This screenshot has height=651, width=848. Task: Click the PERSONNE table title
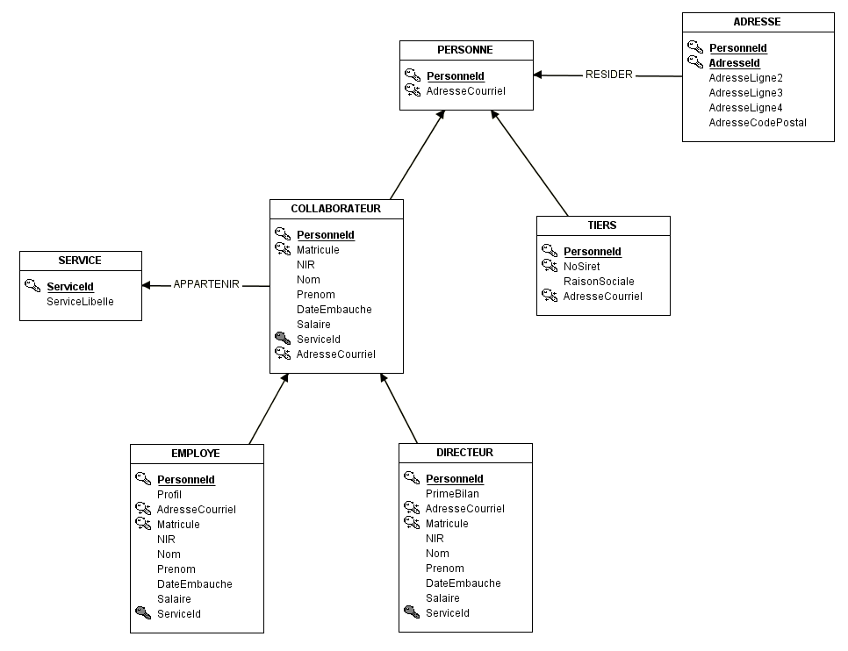click(465, 50)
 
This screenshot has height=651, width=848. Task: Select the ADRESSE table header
click(757, 22)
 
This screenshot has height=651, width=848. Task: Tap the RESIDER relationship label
click(609, 75)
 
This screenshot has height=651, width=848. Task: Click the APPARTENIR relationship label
click(206, 284)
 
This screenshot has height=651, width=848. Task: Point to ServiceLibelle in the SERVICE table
click(80, 302)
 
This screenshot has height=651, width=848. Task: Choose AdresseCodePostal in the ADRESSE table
click(758, 123)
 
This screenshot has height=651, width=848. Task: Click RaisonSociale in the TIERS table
click(599, 281)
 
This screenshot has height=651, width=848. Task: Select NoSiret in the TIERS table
click(581, 267)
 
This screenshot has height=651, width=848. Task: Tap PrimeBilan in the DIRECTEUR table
click(452, 494)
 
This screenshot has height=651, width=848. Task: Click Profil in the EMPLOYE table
click(169, 495)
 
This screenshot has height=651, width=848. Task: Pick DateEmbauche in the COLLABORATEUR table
click(334, 310)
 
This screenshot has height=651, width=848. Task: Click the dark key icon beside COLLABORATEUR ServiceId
click(283, 339)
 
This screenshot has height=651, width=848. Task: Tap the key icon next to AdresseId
click(695, 61)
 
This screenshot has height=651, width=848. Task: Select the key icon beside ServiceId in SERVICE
click(32, 285)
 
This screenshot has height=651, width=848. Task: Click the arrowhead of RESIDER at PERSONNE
click(537, 75)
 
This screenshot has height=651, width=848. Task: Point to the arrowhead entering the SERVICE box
click(146, 285)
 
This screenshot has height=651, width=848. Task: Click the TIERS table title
click(602, 225)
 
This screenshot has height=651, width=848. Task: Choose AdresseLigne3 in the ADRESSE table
click(746, 93)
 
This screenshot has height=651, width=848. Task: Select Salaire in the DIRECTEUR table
click(442, 598)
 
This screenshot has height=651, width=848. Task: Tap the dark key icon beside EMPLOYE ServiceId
click(143, 612)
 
